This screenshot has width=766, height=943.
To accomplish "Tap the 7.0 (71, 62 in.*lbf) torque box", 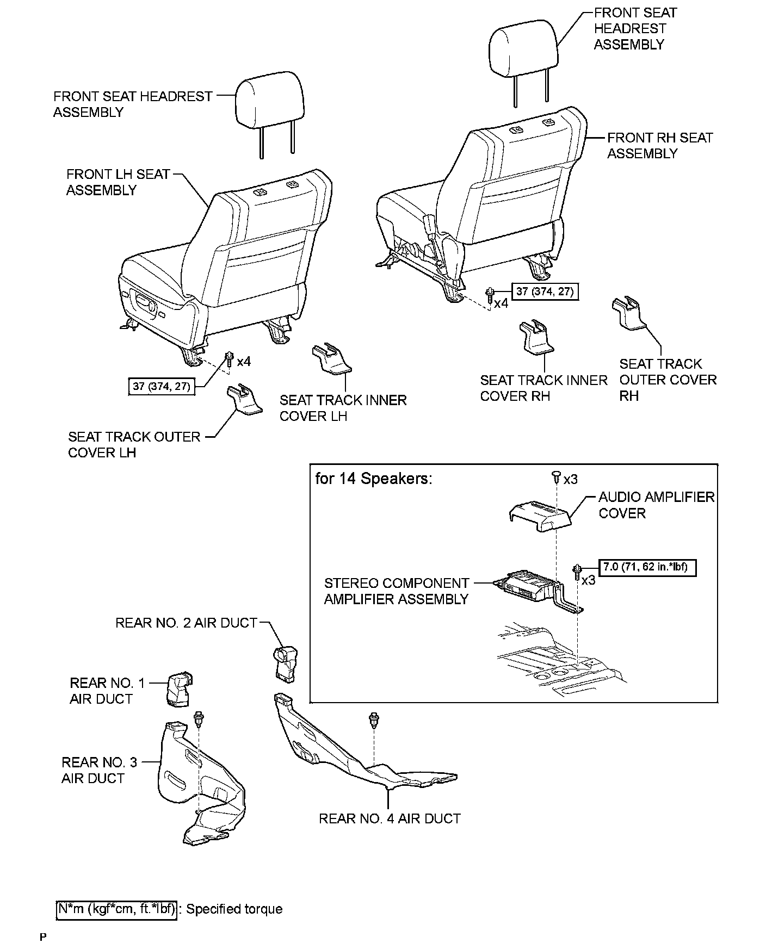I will coord(647,567).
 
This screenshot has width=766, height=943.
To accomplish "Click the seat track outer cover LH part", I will coord(243,400).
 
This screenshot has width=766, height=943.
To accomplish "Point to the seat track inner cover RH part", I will coord(536,337).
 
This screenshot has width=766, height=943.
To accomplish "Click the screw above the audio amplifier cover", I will coord(556,477).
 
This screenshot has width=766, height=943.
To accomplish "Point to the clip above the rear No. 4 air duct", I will coord(374,720).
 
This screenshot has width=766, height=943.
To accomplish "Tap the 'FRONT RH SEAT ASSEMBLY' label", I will coord(659,146).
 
